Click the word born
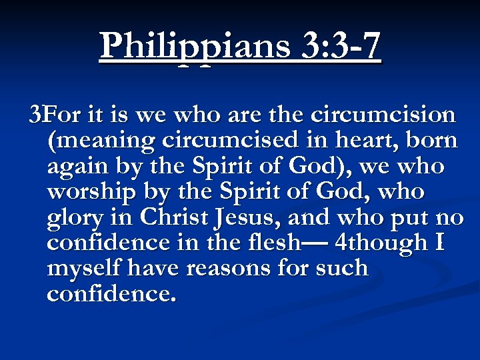pyautogui.click(x=431, y=141)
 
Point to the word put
pyautogui.click(x=413, y=217)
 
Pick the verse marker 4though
pyautogui.click(x=382, y=243)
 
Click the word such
pyautogui.click(x=341, y=269)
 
